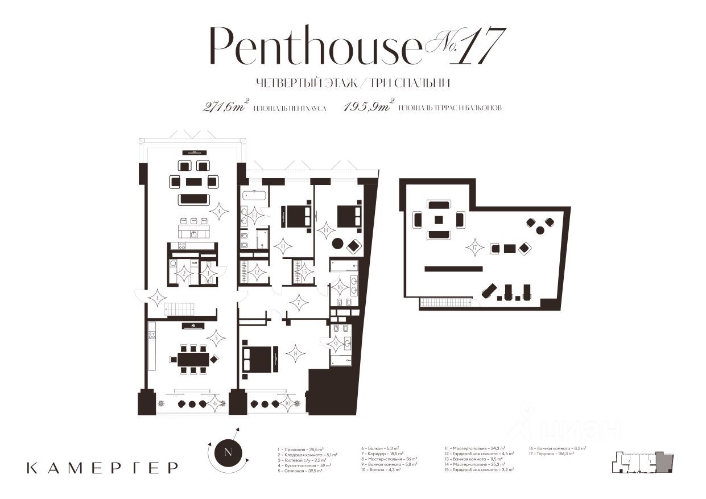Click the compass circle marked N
click(x=228, y=453)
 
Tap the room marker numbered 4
click(x=218, y=212)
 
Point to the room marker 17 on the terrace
click(x=474, y=248)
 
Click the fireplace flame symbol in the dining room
click(x=193, y=325)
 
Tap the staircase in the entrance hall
click(x=180, y=309)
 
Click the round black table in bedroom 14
click(x=338, y=244)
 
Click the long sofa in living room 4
click(x=193, y=199)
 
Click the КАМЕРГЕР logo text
click(x=102, y=468)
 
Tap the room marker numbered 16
click(x=340, y=287)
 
